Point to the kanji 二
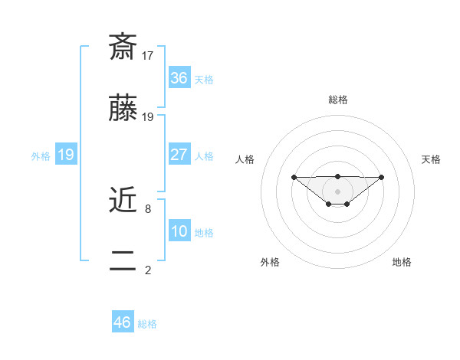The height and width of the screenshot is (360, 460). point(123,260)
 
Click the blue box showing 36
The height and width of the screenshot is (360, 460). point(179,78)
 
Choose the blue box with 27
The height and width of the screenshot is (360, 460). point(179,155)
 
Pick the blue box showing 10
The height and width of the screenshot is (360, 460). point(179,231)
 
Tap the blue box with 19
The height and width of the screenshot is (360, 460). point(65,155)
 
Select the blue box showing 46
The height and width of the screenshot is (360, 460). point(122,322)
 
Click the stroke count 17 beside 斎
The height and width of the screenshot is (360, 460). point(148,56)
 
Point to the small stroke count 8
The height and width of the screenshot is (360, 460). point(147,208)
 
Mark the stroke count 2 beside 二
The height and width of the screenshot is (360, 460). point(147,270)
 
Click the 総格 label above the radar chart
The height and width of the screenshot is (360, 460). point(337,100)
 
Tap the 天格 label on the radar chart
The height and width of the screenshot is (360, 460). point(431,159)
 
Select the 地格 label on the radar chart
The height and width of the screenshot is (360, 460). point(402,262)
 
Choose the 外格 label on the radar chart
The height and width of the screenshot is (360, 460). point(270,262)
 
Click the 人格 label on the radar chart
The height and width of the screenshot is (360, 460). point(245,159)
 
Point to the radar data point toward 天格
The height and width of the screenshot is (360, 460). point(382,177)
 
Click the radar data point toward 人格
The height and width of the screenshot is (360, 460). point(294,177)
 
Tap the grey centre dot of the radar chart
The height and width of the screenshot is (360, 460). point(337,191)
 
